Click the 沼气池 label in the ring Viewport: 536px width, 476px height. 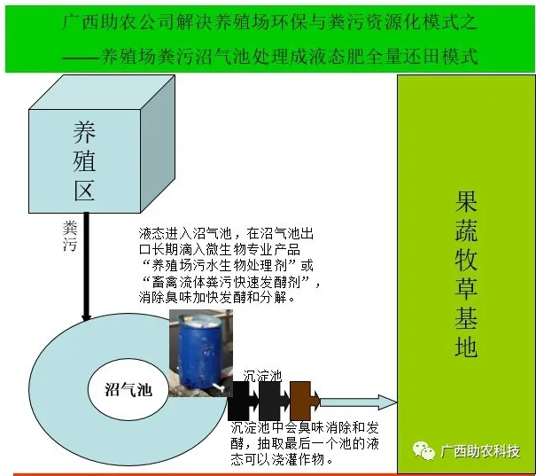point(123,388)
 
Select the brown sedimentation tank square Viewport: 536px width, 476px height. point(301,401)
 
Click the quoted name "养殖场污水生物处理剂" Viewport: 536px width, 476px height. point(221,265)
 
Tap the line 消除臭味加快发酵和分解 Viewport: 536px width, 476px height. point(218,298)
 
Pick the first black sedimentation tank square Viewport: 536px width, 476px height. point(237,401)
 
